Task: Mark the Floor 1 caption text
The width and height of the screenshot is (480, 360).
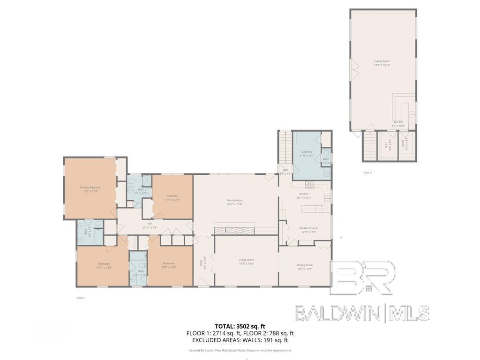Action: coord(81,298)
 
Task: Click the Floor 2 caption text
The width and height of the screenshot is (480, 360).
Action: coord(367,172)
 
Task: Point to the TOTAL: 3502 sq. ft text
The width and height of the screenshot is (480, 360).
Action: coord(240,326)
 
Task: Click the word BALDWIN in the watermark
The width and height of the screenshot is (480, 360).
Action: coord(337,313)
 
